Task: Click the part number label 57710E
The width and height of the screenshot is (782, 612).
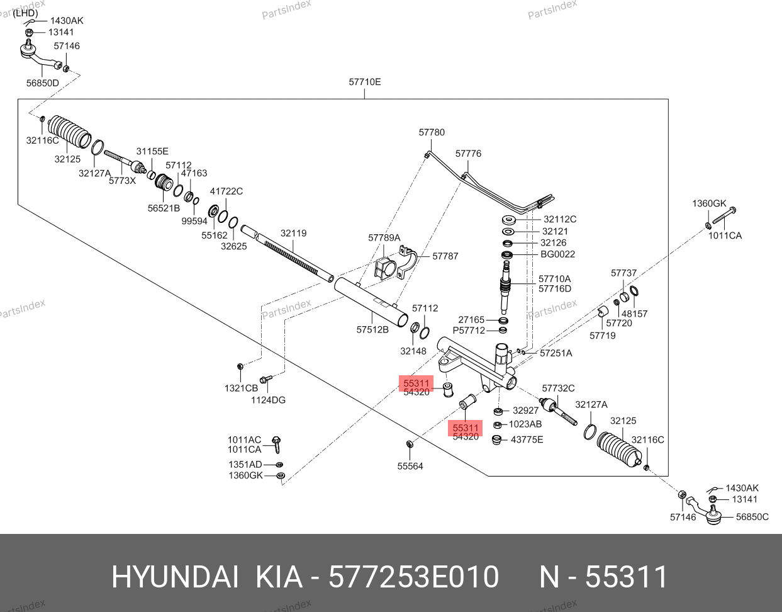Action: click(x=364, y=82)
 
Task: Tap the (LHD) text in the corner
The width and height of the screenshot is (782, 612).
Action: click(x=25, y=13)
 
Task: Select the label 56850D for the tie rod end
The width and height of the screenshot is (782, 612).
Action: click(x=42, y=83)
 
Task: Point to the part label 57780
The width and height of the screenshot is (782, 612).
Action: click(x=432, y=132)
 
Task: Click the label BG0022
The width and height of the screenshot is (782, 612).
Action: click(x=558, y=254)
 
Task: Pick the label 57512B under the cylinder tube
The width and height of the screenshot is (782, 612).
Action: click(x=372, y=330)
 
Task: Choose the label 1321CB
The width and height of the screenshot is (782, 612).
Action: click(x=241, y=388)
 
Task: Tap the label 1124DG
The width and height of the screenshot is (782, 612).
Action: click(x=268, y=400)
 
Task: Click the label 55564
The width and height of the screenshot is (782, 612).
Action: click(x=410, y=466)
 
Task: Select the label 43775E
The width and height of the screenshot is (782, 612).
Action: click(x=527, y=439)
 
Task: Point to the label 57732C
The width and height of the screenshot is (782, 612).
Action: click(x=558, y=388)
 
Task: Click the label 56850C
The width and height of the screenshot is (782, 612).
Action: click(x=752, y=517)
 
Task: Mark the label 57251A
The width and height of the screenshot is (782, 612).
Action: click(x=556, y=353)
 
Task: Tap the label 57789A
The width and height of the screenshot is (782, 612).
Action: click(x=384, y=237)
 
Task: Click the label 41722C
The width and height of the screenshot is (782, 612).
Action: click(x=226, y=191)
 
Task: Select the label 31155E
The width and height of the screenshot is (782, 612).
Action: click(x=152, y=151)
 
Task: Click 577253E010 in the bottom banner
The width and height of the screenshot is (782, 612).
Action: click(x=414, y=577)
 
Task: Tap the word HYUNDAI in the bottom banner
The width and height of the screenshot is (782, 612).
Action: click(x=175, y=577)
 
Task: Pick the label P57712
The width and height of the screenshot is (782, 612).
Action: click(x=469, y=331)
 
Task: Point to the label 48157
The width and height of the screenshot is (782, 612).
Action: click(x=634, y=314)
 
